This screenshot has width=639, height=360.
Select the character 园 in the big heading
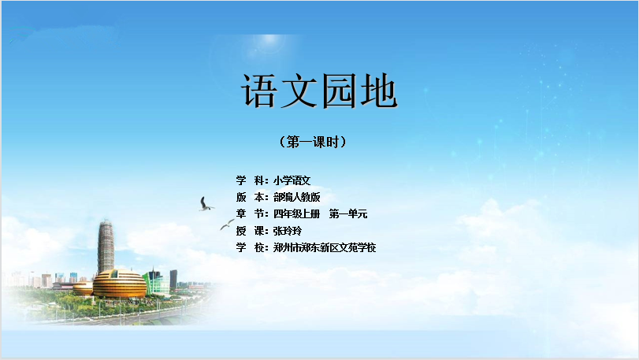[339, 91]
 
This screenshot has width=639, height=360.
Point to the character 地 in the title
[378, 91]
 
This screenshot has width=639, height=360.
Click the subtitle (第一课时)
[313, 142]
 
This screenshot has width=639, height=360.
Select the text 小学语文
[292, 180]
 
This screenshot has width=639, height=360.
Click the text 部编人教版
[297, 197]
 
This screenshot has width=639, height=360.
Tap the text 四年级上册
[297, 213]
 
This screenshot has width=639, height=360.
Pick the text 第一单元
[348, 213]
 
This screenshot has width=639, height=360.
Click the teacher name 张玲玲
[288, 231]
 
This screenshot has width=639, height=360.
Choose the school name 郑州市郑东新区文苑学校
[325, 247]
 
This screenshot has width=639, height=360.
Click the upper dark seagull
[205, 205]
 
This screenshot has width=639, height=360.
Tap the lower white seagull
[227, 225]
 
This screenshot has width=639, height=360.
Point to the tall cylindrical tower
[106, 247]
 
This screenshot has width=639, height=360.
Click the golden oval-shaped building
[120, 283]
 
